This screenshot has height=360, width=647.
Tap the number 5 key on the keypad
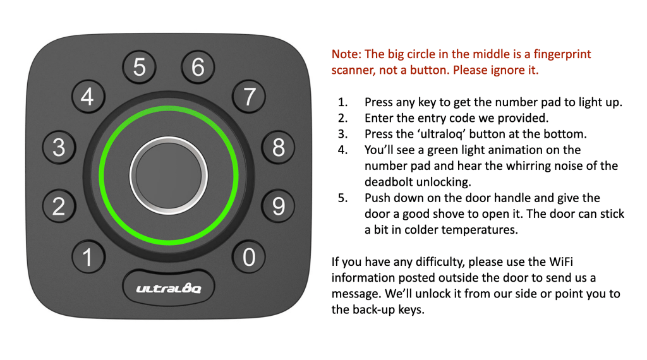pyautogui.click(x=139, y=67)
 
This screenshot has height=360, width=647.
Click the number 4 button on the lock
pyautogui.click(x=88, y=97)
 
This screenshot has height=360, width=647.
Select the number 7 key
pyautogui.click(x=249, y=97)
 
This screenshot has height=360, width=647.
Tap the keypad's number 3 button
pyautogui.click(x=59, y=147)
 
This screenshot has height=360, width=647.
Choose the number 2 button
pyautogui.click(x=59, y=206)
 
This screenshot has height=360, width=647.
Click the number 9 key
pyautogui.click(x=278, y=206)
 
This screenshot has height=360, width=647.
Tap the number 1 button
pyautogui.click(x=88, y=257)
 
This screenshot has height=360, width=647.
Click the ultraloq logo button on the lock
pyautogui.click(x=168, y=288)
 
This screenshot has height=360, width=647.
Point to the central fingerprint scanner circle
pyautogui.click(x=168, y=176)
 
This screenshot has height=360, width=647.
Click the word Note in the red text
pyautogui.click(x=346, y=54)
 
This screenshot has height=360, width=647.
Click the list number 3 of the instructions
pyautogui.click(x=342, y=134)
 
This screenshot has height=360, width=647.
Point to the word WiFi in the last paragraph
pyautogui.click(x=561, y=262)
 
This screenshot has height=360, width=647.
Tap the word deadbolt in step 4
pyautogui.click(x=389, y=182)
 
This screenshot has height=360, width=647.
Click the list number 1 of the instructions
pyautogui.click(x=342, y=102)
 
